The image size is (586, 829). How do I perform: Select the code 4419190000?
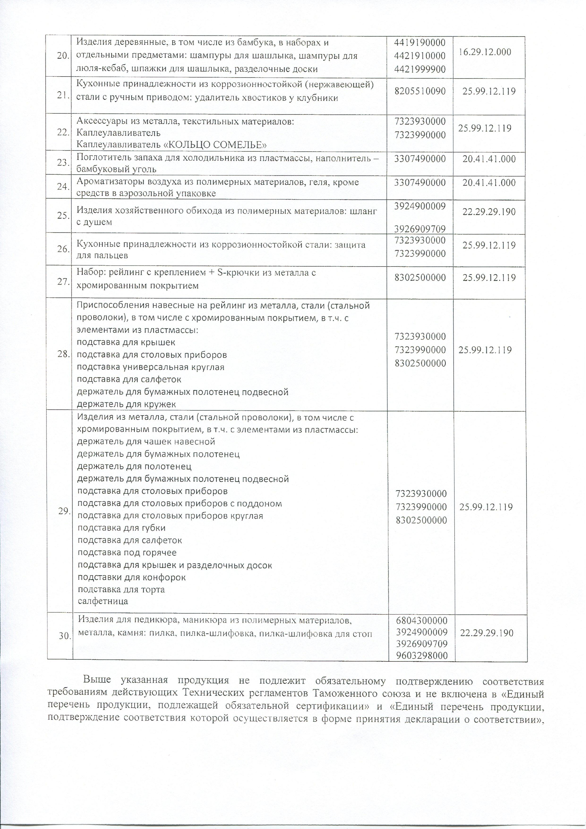point(420,43)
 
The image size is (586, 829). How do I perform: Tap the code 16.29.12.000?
point(485,52)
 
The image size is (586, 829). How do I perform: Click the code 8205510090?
point(420,91)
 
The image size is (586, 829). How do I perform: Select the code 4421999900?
point(420,69)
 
